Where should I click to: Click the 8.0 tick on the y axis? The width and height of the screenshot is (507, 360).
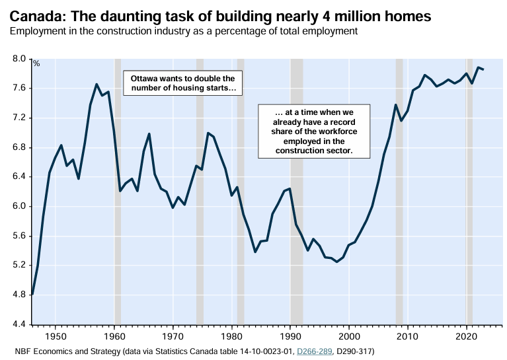point(18,59)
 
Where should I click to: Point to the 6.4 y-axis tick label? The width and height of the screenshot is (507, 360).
point(18,177)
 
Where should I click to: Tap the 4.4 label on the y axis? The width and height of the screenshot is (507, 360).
point(18,324)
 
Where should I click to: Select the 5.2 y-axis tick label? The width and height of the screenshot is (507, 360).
point(18,266)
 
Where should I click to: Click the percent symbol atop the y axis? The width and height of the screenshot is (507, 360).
point(36,64)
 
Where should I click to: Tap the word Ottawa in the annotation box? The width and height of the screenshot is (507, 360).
point(145,78)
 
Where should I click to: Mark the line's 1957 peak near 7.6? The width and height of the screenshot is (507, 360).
point(97,84)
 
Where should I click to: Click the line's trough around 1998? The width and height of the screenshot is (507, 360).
point(337,262)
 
